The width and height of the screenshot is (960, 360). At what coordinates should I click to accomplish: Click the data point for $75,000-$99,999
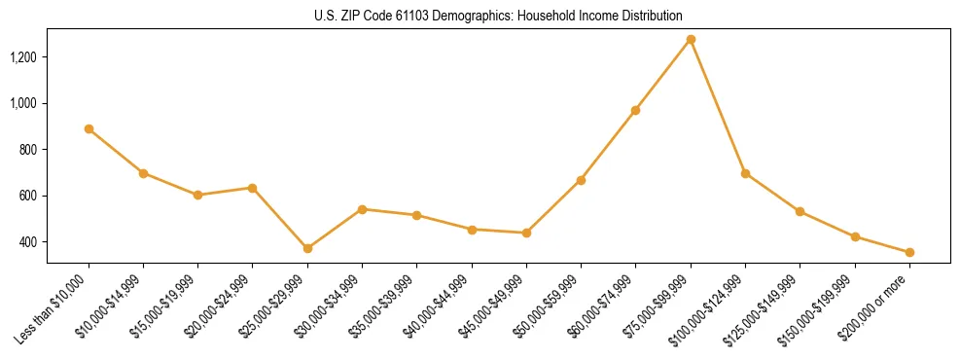691,39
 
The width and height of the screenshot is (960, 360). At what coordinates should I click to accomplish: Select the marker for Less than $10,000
89,128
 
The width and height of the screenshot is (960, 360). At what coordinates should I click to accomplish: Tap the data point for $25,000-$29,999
307,248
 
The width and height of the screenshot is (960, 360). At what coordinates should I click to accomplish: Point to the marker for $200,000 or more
909,252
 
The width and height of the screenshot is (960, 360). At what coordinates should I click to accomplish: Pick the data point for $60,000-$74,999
635,110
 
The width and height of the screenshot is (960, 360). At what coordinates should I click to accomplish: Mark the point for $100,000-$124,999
745,173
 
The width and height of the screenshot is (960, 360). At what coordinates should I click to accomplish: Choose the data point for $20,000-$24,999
253,188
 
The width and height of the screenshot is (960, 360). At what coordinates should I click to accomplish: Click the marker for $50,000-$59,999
581,180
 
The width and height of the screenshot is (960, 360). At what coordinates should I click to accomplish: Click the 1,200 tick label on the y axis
23,57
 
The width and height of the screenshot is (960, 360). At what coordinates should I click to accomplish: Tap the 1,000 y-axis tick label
23,103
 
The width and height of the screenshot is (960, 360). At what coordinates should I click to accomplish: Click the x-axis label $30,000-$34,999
331,304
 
